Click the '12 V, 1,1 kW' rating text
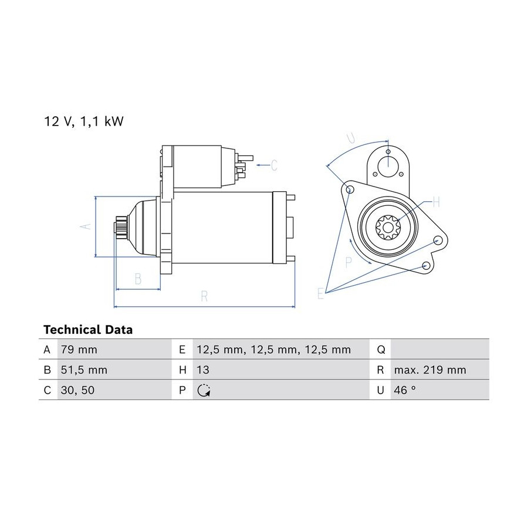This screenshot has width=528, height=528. click(84, 121)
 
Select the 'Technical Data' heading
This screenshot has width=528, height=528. click(88, 329)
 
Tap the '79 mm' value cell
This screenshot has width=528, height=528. click(79, 350)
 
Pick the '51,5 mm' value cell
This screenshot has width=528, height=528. click(84, 370)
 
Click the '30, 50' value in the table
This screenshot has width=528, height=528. click(78, 390)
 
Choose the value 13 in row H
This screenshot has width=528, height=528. click(203, 370)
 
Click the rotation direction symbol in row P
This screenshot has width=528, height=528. click(204, 390)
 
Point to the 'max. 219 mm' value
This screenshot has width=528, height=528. click(430, 370)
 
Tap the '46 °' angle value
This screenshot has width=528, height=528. click(405, 390)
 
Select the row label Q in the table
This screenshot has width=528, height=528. click(381, 350)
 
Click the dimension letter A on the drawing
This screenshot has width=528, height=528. click(86, 226)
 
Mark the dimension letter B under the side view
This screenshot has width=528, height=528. click(138, 279)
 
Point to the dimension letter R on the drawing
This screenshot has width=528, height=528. click(204, 296)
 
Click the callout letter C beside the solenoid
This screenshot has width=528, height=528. click(274, 165)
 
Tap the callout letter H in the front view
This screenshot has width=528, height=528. click(436, 202)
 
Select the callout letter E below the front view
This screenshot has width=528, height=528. click(320, 294)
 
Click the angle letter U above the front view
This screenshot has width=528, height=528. click(351, 138)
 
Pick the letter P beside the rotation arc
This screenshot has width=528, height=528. click(348, 262)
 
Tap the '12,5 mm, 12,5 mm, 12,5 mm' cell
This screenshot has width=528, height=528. click(274, 350)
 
